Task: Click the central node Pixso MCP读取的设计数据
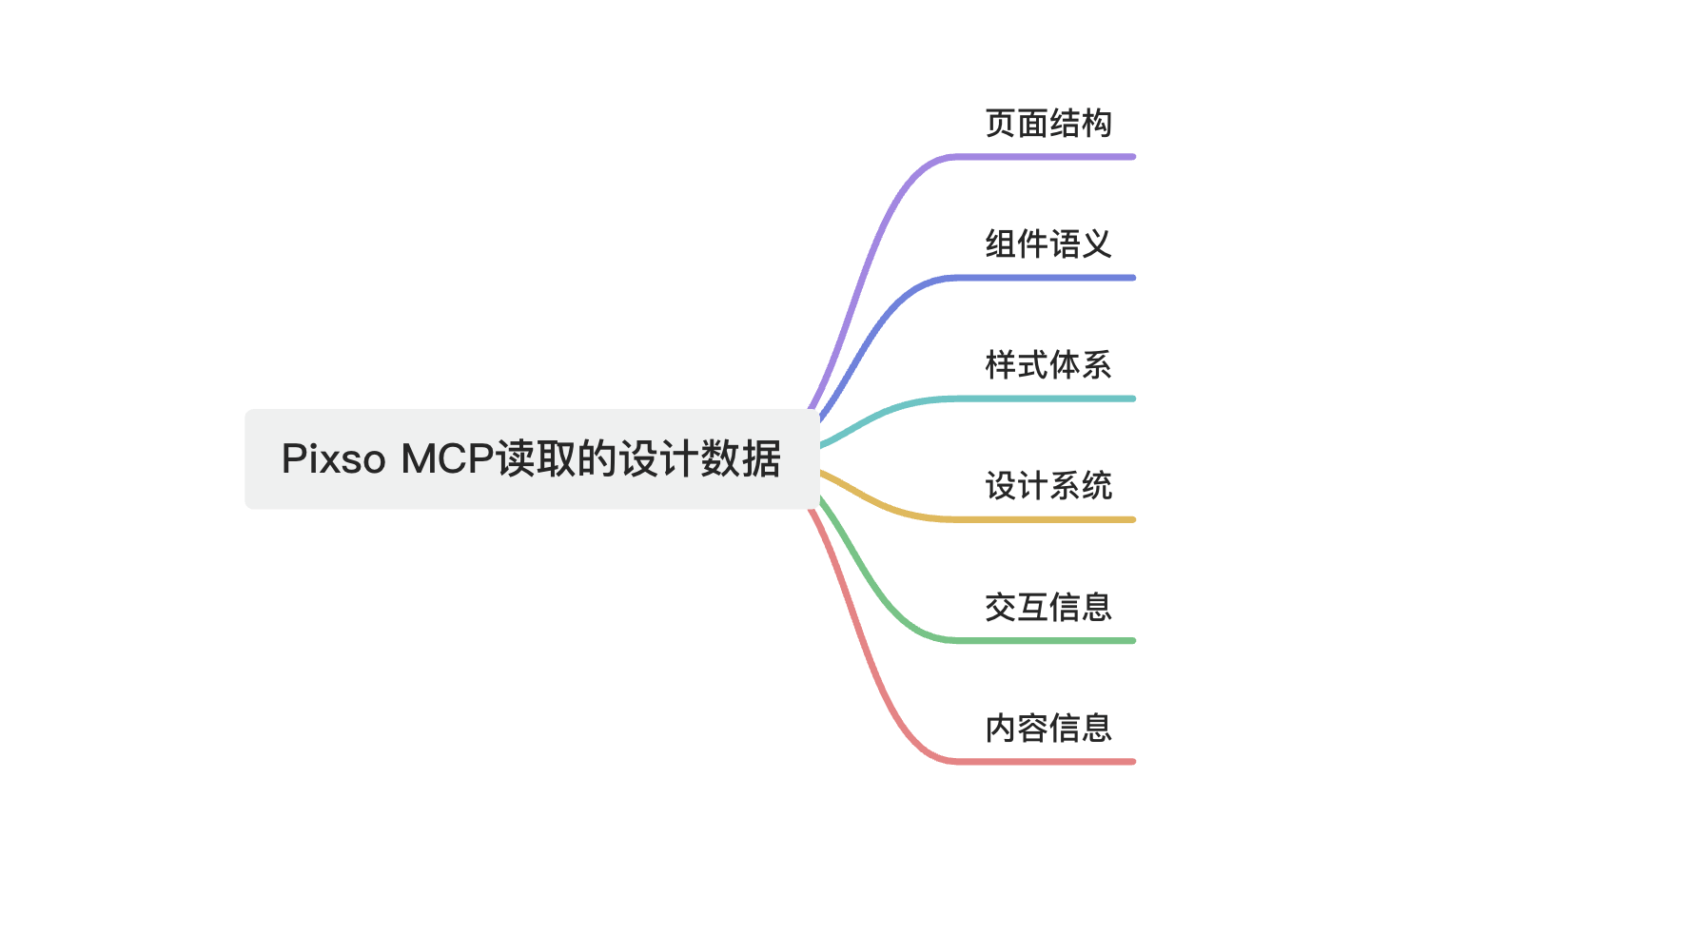coord(531,459)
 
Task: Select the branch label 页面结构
coord(1047,124)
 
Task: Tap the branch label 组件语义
coord(1047,244)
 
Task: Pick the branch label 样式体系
coord(1047,365)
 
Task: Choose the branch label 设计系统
coord(1047,486)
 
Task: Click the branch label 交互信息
coord(1047,607)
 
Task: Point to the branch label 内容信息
coord(1047,728)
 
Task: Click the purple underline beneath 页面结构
coord(1047,157)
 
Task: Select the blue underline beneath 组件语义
coord(1047,278)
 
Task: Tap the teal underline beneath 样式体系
coord(1047,399)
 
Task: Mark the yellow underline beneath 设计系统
coord(1047,519)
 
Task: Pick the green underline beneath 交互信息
coord(1047,640)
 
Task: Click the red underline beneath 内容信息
coord(1047,761)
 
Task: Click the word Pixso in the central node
coord(333,459)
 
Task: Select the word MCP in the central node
coord(447,459)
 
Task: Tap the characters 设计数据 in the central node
coord(699,459)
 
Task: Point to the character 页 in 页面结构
coord(1001,124)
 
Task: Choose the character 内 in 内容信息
coord(1001,728)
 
